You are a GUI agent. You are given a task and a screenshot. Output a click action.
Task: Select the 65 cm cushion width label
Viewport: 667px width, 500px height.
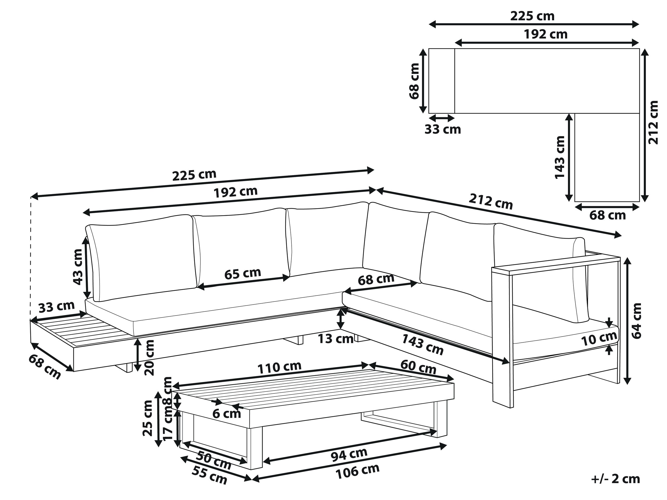(242, 273)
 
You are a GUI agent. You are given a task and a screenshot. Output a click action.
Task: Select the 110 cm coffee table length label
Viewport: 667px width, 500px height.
(279, 367)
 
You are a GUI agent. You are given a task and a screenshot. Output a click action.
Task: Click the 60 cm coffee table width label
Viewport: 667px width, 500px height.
(418, 367)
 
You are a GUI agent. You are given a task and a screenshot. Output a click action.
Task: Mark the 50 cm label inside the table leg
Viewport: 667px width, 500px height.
(213, 460)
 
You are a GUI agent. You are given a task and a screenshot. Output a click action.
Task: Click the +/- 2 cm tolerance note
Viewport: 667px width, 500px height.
(615, 479)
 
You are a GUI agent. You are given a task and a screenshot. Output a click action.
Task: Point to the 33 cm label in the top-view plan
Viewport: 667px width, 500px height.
(443, 129)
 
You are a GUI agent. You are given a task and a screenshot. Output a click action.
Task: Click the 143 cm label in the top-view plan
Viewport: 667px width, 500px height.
(559, 157)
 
